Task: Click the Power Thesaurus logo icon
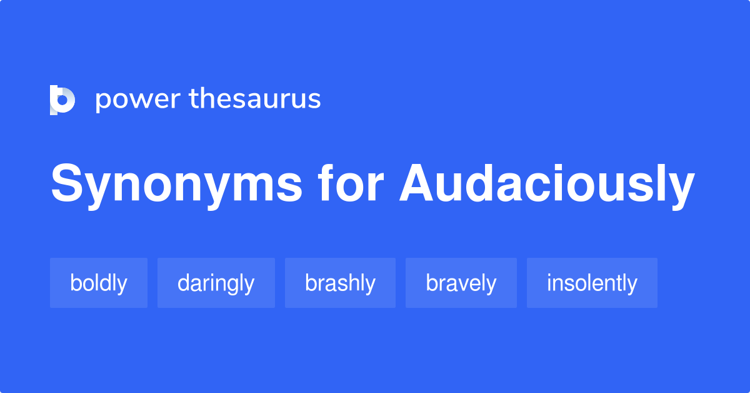point(62,100)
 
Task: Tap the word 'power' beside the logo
point(136,100)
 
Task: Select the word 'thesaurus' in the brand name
point(255,99)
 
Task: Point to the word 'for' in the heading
point(351,185)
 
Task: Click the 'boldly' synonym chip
point(99,283)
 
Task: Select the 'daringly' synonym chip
point(216,283)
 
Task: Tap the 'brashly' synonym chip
point(340,283)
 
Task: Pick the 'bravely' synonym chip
point(461,283)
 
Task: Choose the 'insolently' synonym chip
point(592,283)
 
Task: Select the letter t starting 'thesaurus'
point(193,99)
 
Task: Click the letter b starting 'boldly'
point(75,283)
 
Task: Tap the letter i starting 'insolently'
point(549,282)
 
